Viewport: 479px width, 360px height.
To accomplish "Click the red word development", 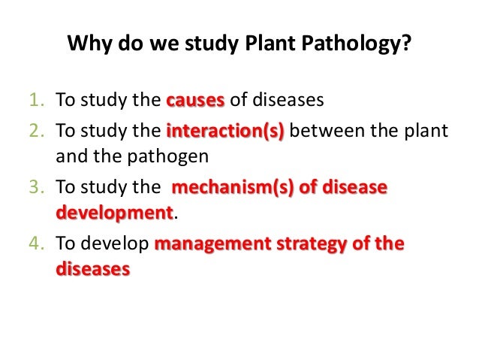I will [x=114, y=213].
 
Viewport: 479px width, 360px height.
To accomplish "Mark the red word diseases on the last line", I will [x=92, y=268].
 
